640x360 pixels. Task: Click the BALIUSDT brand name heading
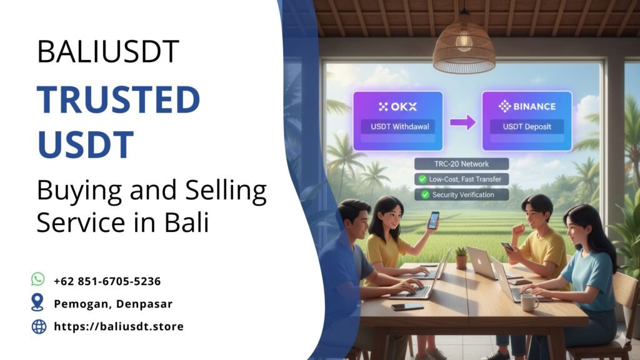coord(108,51)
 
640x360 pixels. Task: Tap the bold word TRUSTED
coord(118,99)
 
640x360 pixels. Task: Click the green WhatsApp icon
coord(38,279)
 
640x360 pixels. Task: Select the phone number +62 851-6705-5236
coord(107,281)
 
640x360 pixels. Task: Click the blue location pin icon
coord(37,302)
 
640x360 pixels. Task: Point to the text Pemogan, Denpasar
coord(113,304)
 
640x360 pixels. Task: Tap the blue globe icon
coord(39,326)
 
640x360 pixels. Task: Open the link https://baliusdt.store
coord(119,326)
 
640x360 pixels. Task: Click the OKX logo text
coord(398,107)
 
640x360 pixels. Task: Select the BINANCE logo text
coord(527,106)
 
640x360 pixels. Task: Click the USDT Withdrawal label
coord(399,126)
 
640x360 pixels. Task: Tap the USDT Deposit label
coord(527,126)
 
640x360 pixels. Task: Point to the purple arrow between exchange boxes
coord(462,122)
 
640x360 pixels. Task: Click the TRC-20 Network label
coord(461,164)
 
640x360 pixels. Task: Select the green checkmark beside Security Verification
coord(425,195)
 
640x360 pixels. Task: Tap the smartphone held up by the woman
coord(433,220)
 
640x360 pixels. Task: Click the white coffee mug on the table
coord(529,303)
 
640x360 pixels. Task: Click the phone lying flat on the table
coord(407,306)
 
